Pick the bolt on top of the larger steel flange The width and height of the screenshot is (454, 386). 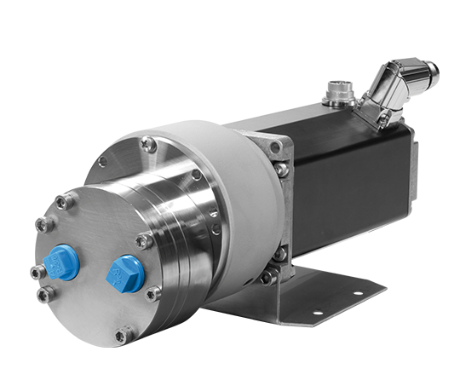tap(149, 144)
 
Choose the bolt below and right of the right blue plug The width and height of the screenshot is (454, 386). tap(152, 294)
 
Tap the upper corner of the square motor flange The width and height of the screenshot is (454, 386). tap(275, 147)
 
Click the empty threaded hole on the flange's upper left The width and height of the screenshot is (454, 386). tap(103, 162)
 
